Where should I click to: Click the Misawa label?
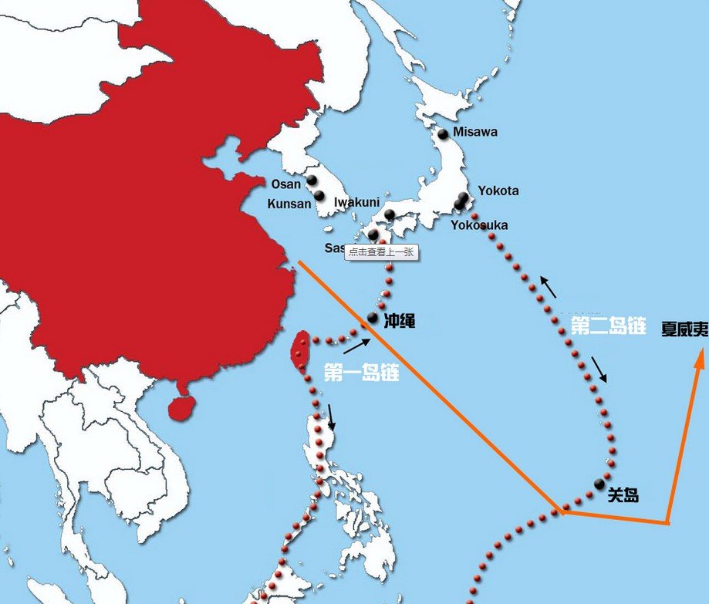[x=475, y=132]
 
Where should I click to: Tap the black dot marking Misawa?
[x=443, y=134]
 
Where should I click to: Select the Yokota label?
[x=498, y=191]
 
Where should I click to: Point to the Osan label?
[x=286, y=184]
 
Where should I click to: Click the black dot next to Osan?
[x=312, y=181]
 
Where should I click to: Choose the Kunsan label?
[x=289, y=204]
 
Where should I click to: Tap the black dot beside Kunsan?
[x=319, y=196]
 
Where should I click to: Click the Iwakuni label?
[x=356, y=202]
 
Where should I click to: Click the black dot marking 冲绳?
[x=373, y=317]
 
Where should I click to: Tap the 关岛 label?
[x=623, y=495]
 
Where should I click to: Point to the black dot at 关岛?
[x=599, y=484]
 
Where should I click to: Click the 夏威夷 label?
[x=684, y=329]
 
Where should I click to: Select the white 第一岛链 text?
[x=360, y=373]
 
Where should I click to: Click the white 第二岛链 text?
[x=608, y=326]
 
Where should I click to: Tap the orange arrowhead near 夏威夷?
[x=700, y=356]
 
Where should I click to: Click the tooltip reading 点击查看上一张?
[x=381, y=251]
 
